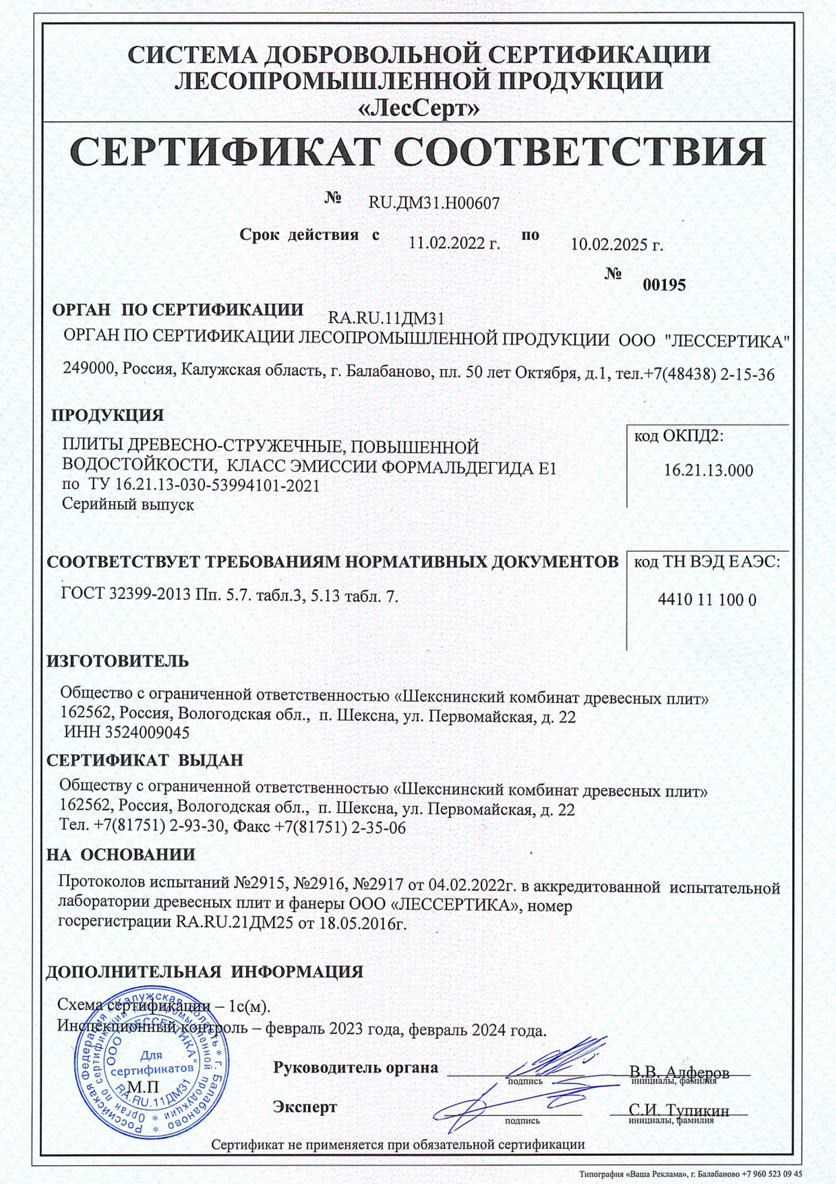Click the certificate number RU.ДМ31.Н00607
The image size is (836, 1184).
pyautogui.click(x=434, y=202)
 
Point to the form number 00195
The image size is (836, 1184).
pyautogui.click(x=664, y=285)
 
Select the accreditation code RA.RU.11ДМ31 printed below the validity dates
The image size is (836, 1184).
pyautogui.click(x=386, y=318)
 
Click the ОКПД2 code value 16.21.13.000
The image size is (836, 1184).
pyautogui.click(x=708, y=470)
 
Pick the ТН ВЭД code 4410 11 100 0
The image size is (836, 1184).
pyautogui.click(x=707, y=599)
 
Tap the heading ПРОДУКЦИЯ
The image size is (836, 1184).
pyautogui.click(x=108, y=415)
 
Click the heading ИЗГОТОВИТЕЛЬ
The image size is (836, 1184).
pyautogui.click(x=118, y=661)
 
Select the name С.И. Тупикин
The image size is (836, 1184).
pyautogui.click(x=679, y=1110)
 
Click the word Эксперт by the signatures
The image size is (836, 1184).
pyautogui.click(x=305, y=1107)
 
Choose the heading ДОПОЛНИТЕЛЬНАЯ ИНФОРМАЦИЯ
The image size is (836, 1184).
pyautogui.click(x=204, y=971)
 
